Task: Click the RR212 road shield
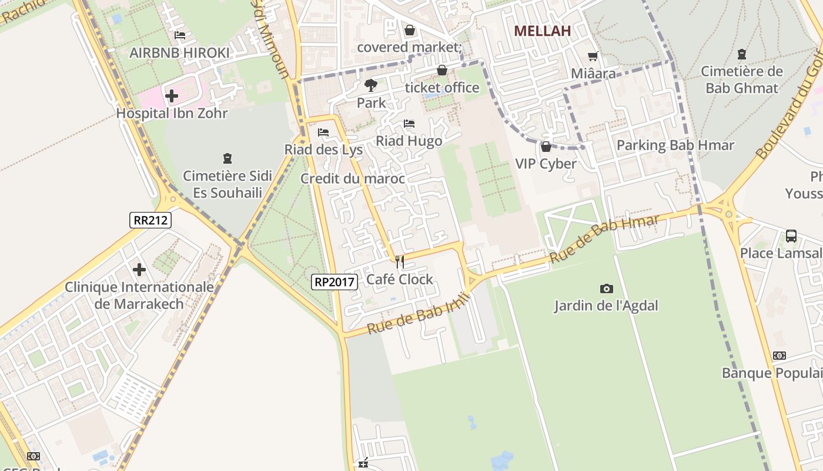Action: tap(150, 220)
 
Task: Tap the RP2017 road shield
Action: tap(334, 282)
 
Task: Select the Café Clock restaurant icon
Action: tap(399, 261)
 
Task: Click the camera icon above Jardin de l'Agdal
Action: tap(606, 288)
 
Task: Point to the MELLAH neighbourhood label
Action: tap(542, 31)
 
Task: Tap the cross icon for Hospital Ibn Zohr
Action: tap(172, 95)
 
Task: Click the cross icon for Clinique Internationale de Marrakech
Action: tap(139, 270)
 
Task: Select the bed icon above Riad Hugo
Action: tap(409, 124)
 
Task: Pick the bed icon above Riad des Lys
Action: tap(323, 132)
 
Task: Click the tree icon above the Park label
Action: tap(371, 85)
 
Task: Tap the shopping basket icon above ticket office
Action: tap(442, 71)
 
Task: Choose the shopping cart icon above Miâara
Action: tap(593, 56)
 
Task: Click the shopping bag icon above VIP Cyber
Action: tap(546, 146)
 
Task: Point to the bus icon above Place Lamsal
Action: tap(791, 236)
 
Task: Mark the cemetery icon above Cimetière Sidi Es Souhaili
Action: tap(228, 158)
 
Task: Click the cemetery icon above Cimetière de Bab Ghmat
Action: tap(742, 54)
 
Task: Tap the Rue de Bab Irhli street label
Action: tap(419, 313)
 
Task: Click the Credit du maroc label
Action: tap(353, 178)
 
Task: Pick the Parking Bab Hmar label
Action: tap(675, 145)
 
